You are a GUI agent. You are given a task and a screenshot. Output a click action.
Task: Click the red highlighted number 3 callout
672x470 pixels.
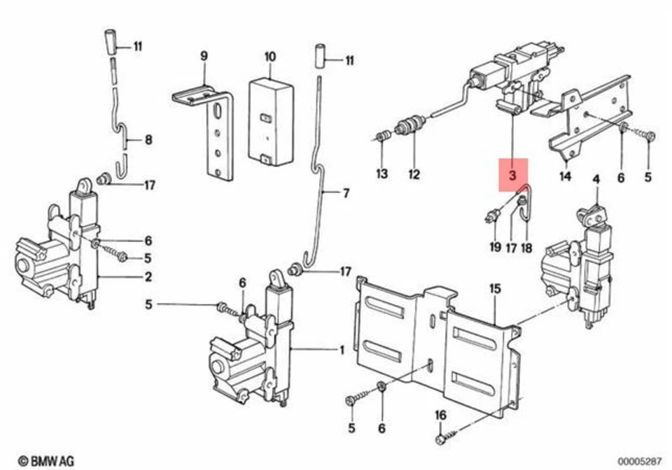tap(513, 176)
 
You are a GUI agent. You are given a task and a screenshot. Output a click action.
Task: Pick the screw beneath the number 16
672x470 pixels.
tap(441, 439)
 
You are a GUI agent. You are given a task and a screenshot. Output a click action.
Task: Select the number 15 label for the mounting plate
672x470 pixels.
tap(495, 287)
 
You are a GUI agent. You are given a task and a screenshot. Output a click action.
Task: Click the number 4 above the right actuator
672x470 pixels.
tap(596, 180)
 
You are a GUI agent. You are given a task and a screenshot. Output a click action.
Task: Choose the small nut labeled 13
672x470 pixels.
tap(382, 136)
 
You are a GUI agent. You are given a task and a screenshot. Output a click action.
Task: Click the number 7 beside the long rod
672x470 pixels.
tap(345, 193)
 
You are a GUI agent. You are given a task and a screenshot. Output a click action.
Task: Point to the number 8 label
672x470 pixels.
tap(148, 140)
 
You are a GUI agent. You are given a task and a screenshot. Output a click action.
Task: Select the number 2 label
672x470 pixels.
tap(148, 276)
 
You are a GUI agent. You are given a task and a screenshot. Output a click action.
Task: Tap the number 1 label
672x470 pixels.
tap(342, 349)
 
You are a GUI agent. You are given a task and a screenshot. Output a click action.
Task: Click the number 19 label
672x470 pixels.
tap(495, 246)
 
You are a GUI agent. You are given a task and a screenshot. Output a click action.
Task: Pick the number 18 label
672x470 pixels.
tap(526, 246)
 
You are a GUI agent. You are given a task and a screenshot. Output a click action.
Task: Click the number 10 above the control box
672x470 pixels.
tap(270, 56)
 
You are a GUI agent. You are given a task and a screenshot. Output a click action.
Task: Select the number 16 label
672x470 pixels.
tap(440, 415)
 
